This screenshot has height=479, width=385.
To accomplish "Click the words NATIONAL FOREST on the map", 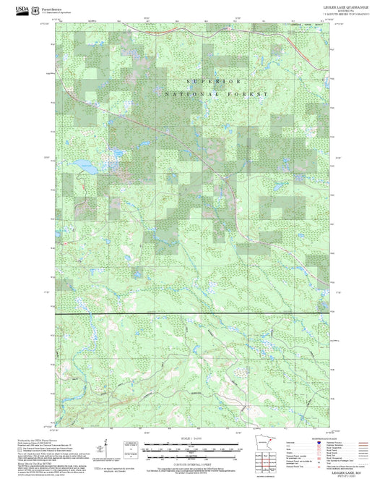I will point(216,95).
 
